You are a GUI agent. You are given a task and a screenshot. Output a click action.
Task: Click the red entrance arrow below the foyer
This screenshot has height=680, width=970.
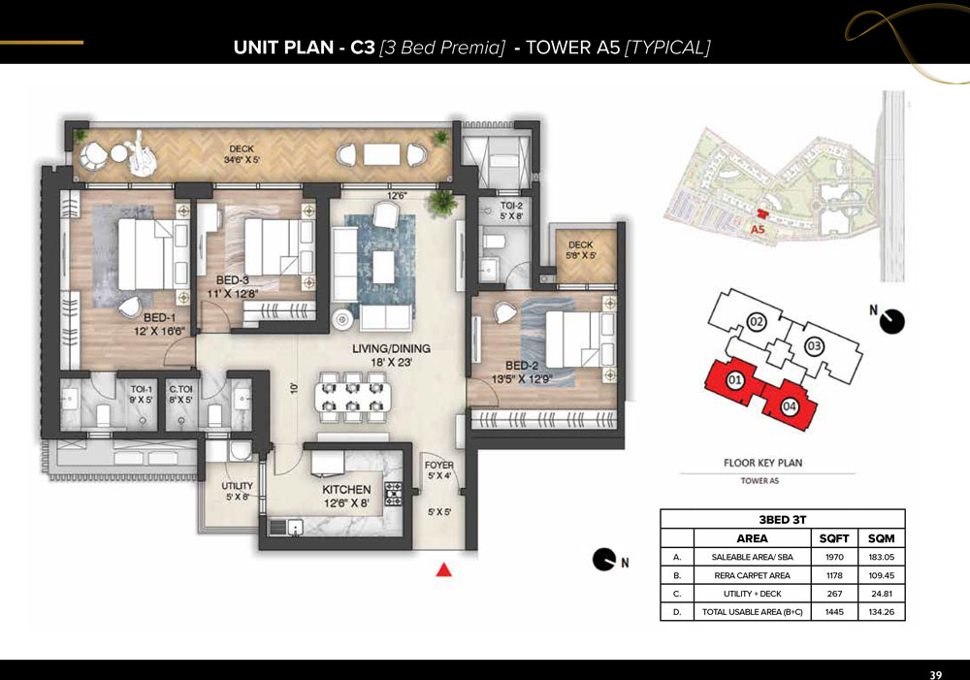click(443, 569)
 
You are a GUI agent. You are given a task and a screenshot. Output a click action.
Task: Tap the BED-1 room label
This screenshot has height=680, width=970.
click(160, 317)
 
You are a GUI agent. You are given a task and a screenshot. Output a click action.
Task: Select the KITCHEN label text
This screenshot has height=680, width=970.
click(346, 490)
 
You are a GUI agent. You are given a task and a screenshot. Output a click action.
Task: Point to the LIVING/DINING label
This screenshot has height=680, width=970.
click(391, 348)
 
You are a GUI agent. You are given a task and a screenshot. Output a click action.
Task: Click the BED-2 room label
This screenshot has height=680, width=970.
click(522, 366)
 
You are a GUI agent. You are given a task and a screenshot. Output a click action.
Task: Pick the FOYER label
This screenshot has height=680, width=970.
click(439, 465)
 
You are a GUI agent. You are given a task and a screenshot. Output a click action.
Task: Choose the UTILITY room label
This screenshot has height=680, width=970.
click(237, 486)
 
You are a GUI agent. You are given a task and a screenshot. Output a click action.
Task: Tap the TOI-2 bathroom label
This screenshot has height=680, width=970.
click(511, 206)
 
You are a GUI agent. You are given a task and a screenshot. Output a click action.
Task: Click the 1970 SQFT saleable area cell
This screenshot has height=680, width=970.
click(834, 557)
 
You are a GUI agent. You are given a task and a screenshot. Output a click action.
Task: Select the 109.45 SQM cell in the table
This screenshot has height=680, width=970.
click(882, 575)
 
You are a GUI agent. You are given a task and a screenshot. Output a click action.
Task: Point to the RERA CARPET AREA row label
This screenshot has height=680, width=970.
click(753, 575)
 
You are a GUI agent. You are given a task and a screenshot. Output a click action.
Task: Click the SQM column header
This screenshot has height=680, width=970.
click(882, 538)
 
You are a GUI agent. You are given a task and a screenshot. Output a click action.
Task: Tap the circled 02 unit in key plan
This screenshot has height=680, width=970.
click(757, 322)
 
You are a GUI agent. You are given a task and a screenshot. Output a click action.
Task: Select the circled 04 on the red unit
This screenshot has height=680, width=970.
click(789, 406)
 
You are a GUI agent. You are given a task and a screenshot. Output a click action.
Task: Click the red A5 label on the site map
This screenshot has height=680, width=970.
click(758, 230)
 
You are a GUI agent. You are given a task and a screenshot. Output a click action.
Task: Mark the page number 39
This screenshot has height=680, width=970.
click(935, 674)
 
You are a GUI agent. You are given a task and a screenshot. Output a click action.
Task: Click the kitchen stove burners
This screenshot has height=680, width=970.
click(394, 494)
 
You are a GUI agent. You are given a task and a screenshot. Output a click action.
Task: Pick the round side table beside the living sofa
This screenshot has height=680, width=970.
click(342, 319)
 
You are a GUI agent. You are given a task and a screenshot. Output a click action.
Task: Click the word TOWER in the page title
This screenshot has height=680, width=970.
click(573, 48)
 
